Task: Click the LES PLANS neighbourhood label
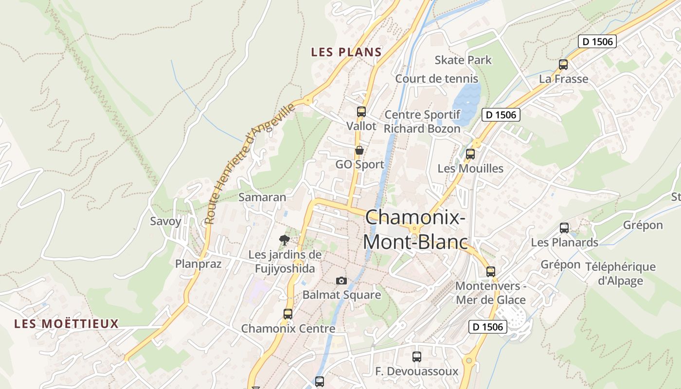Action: click(346, 52)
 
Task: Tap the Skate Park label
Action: click(463, 60)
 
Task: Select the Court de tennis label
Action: click(436, 79)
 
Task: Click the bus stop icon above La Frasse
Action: click(563, 64)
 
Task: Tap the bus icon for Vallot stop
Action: click(361, 112)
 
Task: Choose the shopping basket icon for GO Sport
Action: click(359, 150)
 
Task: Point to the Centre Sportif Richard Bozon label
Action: click(422, 122)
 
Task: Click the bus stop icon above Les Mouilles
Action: click(470, 154)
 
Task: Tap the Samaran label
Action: click(262, 197)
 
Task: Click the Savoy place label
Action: click(165, 221)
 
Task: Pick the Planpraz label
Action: click(198, 264)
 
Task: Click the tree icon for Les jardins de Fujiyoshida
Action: click(285, 240)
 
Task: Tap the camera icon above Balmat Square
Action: click(341, 281)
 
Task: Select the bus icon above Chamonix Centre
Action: click(288, 314)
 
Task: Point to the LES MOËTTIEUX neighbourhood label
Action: click(66, 324)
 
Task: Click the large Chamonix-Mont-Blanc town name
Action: click(415, 229)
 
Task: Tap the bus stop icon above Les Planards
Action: click(564, 228)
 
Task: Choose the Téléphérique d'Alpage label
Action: click(620, 274)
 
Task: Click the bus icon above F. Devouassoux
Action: click(417, 357)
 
